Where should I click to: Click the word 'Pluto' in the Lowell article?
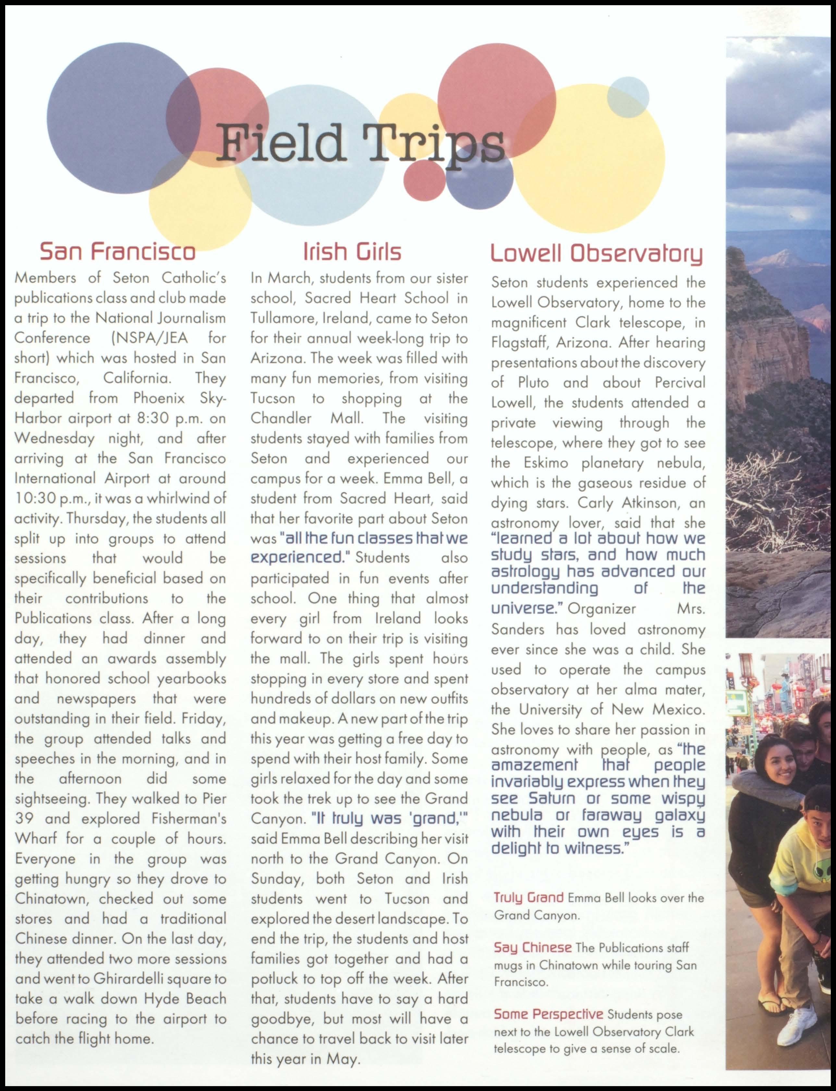(x=533, y=383)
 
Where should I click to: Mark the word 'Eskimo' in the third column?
(x=546, y=463)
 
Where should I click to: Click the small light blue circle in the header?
(x=628, y=96)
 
